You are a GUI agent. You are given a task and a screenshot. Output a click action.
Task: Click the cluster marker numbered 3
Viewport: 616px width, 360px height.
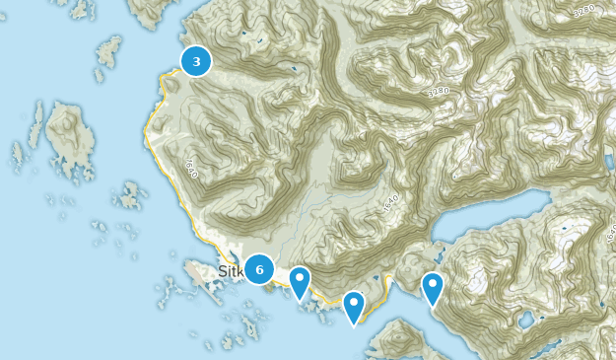(x=196, y=61)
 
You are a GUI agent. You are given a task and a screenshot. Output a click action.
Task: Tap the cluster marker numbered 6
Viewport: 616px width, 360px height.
(x=258, y=268)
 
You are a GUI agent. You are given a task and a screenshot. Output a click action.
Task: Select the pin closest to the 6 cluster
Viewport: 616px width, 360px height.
(x=299, y=282)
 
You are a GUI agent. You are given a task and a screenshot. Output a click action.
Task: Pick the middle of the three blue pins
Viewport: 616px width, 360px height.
(x=353, y=307)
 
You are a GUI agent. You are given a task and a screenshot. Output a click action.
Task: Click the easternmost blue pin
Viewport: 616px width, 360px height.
(x=432, y=288)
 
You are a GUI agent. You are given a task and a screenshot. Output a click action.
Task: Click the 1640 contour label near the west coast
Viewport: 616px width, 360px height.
(x=190, y=167)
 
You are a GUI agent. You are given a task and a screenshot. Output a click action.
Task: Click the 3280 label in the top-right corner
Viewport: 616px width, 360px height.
(x=583, y=10)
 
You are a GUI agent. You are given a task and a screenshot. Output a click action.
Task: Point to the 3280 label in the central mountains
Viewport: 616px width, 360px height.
(x=438, y=91)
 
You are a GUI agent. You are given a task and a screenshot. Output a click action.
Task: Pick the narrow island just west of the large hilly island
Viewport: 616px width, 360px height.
(x=37, y=124)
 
